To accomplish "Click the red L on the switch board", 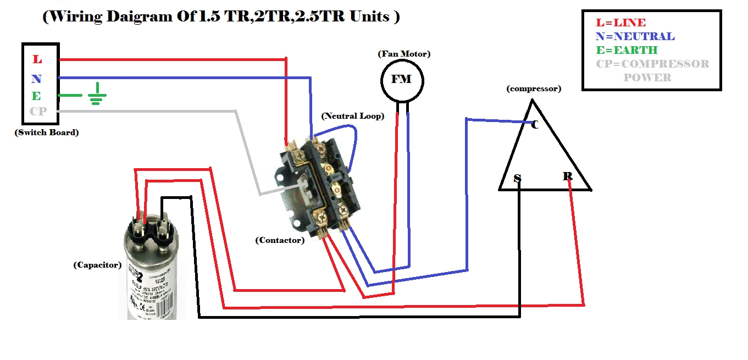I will [x=37, y=59].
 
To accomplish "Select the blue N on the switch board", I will [x=36, y=79].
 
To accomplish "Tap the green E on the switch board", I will [x=36, y=96].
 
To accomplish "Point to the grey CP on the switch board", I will [x=38, y=111].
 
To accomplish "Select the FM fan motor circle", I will [x=401, y=80].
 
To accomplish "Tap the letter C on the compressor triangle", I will [x=534, y=125].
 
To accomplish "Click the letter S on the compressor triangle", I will [x=517, y=178].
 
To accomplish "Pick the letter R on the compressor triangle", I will [x=567, y=176].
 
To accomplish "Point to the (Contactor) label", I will [x=280, y=240].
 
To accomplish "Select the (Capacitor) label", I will [x=97, y=265].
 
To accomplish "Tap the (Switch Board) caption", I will [x=47, y=132].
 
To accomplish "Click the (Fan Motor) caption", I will [x=404, y=54].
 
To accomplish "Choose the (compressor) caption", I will [x=534, y=88].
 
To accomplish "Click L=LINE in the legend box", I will [x=620, y=23].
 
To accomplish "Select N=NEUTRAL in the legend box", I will [x=635, y=37].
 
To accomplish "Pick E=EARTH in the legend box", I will [x=627, y=51].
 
